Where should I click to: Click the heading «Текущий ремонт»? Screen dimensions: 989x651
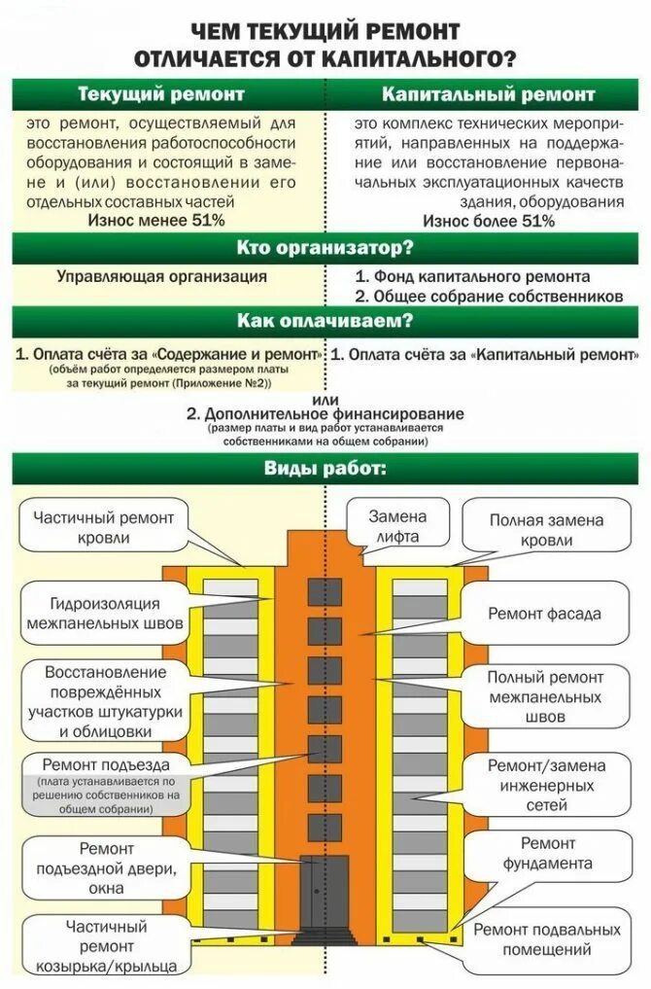160,95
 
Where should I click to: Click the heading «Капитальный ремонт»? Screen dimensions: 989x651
488,95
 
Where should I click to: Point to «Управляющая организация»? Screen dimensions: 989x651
161,276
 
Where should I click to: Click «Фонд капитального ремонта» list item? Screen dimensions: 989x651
479,276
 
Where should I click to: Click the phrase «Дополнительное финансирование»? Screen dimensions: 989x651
325,413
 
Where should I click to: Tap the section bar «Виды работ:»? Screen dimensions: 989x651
325,469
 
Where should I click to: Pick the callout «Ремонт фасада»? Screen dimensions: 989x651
544,614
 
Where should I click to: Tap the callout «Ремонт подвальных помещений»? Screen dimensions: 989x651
546,939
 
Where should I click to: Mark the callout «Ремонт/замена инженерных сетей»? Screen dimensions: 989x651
545,785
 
